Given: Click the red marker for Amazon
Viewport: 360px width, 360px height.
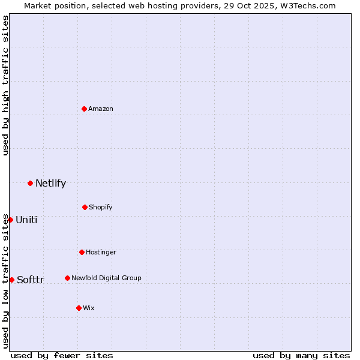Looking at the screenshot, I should click(84, 109).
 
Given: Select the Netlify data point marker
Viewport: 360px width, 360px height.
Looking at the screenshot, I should click(30, 183).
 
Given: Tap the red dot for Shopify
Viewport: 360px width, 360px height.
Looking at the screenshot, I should click(85, 207).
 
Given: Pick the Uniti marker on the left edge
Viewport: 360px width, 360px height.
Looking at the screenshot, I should click(10, 220).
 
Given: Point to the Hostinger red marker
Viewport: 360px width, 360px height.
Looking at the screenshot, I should click(82, 252).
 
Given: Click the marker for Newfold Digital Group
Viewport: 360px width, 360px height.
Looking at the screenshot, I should click(67, 278).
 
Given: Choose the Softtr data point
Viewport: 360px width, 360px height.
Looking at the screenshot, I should click(11, 280).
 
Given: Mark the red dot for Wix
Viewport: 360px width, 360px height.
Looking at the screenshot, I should click(79, 308).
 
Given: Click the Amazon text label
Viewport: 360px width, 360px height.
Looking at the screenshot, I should click(101, 109).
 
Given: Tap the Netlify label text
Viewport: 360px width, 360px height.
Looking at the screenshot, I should click(50, 183).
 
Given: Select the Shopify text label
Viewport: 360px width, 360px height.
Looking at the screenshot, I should click(101, 207).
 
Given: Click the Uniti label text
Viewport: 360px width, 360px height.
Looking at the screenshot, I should click(26, 220).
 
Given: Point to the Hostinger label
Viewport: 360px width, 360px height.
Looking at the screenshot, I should click(101, 252).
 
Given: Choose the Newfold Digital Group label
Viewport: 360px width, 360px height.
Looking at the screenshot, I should click(106, 278).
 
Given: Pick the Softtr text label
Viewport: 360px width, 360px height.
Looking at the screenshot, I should click(31, 280).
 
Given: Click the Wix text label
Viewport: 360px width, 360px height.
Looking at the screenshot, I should click(89, 308).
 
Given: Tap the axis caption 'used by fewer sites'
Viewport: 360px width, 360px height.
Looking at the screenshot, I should click(62, 355).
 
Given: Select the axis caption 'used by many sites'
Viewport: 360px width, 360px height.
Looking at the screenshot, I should click(301, 355).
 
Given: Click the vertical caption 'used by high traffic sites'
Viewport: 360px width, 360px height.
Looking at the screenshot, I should click(5, 85).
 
